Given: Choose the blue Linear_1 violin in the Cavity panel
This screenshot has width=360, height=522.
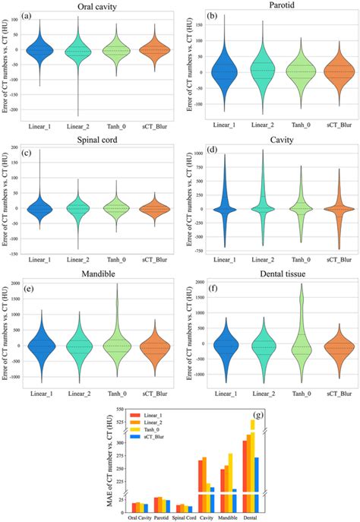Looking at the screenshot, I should (225, 208).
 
